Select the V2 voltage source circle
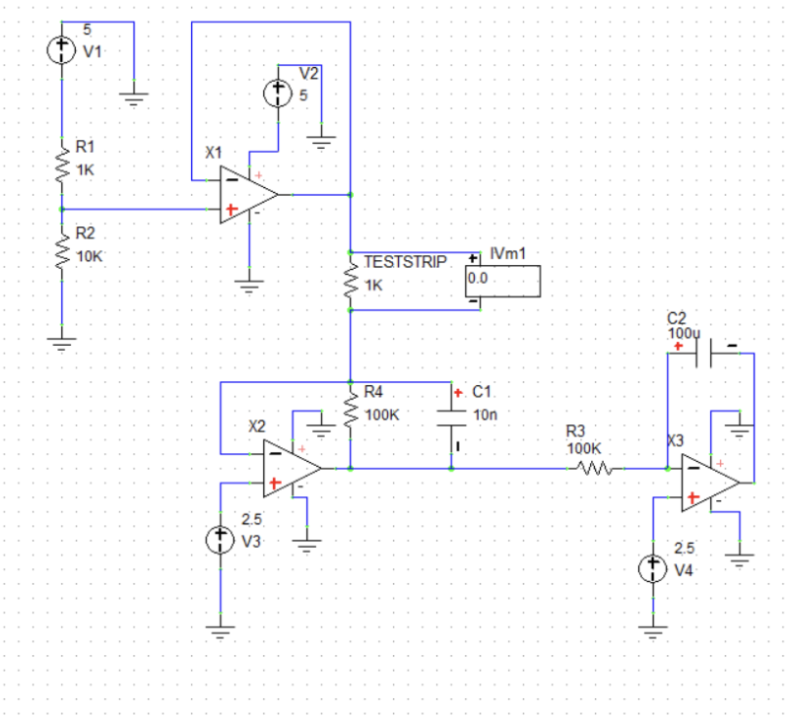pyautogui.click(x=279, y=94)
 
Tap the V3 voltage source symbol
pyautogui.click(x=220, y=540)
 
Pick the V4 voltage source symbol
pyautogui.click(x=652, y=568)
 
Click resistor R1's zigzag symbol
pyautogui.click(x=62, y=163)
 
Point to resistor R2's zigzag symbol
pyautogui.click(x=62, y=251)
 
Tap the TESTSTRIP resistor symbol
pyautogui.click(x=350, y=280)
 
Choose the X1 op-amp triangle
pyautogui.click(x=246, y=195)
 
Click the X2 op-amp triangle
pyautogui.click(x=290, y=470)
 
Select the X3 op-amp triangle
pyautogui.click(x=707, y=483)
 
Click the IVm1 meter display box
pyautogui.click(x=502, y=280)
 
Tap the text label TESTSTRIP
pyautogui.click(x=405, y=262)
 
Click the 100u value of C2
pyautogui.click(x=682, y=333)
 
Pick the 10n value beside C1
pyautogui.click(x=485, y=415)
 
